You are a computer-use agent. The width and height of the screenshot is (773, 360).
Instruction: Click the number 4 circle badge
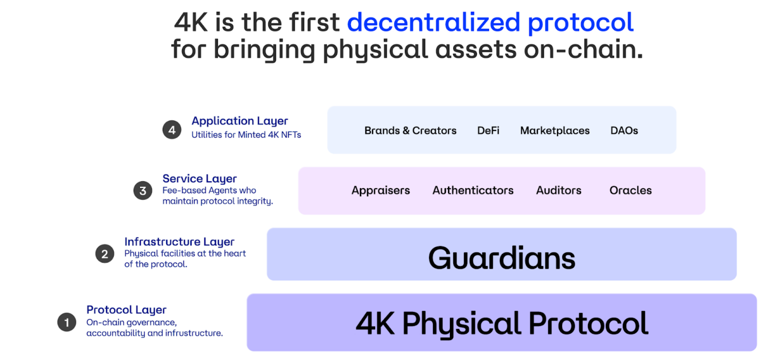[x=172, y=130]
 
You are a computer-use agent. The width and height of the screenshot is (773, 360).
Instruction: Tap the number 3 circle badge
[x=143, y=190]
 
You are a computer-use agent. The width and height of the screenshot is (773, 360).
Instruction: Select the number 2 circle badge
[x=105, y=254]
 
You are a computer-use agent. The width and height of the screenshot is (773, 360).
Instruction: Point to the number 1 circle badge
[x=66, y=322]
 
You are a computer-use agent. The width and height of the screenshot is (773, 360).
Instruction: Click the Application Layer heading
[x=240, y=121]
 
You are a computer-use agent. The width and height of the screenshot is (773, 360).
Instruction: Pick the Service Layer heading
[x=199, y=179]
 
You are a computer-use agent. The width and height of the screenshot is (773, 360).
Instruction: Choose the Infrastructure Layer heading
[x=179, y=242]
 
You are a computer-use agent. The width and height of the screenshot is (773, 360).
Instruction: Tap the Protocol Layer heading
[x=126, y=310]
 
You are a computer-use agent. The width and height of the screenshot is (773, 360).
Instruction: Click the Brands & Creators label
[x=410, y=130]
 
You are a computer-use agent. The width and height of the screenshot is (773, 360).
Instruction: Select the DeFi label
[x=488, y=130]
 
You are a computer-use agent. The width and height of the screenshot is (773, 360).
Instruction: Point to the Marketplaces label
[x=555, y=130]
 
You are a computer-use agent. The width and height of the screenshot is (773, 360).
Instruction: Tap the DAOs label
[x=624, y=130]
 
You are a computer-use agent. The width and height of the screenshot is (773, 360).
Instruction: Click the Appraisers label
[x=381, y=190]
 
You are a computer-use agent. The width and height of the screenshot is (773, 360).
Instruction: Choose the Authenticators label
[x=473, y=190]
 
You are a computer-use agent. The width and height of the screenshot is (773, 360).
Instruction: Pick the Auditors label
[x=558, y=190]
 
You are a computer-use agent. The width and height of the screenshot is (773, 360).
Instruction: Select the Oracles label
[x=631, y=190]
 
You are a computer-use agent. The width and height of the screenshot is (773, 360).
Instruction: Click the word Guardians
[x=502, y=258]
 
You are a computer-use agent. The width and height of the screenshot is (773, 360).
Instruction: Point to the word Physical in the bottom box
[x=461, y=324]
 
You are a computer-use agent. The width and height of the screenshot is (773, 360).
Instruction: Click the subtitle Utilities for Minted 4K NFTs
[x=246, y=135]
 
